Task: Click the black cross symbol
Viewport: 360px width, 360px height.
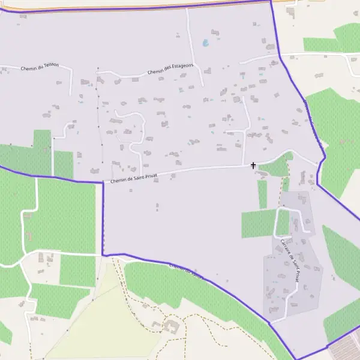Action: click(x=253, y=165)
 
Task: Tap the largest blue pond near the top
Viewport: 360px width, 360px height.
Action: click(x=206, y=43)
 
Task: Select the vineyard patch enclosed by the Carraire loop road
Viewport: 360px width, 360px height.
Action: click(x=283, y=222)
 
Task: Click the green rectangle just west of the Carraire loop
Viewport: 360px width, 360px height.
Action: click(x=259, y=224)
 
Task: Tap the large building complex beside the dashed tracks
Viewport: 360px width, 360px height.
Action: click(x=172, y=326)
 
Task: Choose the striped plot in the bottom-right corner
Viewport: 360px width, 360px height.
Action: click(x=345, y=351)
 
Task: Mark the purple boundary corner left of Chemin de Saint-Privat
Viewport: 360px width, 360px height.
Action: click(x=103, y=182)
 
